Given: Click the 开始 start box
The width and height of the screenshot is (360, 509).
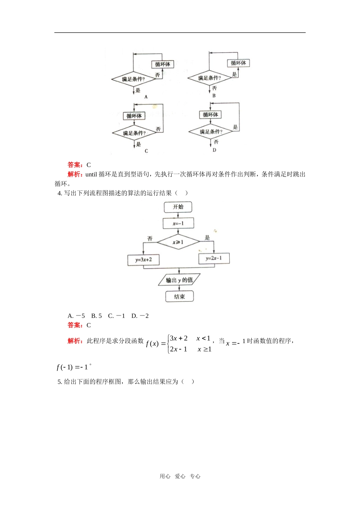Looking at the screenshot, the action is tap(178, 207).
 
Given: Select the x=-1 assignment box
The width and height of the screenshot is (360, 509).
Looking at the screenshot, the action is tap(178, 223).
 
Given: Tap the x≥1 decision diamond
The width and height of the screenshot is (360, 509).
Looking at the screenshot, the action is tap(178, 242).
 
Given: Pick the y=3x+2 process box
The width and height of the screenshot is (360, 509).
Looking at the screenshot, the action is tap(143, 260).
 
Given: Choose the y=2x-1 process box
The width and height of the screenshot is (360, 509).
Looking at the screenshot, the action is tap(214, 258).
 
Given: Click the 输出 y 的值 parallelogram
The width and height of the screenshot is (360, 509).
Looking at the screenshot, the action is tap(179, 280).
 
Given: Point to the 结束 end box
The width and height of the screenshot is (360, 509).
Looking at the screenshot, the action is tap(179, 297).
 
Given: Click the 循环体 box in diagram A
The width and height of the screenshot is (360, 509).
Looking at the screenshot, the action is tap(163, 64).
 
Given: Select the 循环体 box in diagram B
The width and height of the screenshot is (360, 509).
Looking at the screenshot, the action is tap(238, 63).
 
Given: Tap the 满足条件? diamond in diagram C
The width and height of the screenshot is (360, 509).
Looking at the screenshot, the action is tap(134, 133).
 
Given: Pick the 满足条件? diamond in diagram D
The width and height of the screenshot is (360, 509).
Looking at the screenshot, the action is tap(211, 132).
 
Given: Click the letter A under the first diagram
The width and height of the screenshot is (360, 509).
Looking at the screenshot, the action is tap(146, 97).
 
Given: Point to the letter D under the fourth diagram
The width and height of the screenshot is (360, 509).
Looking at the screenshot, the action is tap(214, 150).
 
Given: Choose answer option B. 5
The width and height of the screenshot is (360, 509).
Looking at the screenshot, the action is tap(96, 316).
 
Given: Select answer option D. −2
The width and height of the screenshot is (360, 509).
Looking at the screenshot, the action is tap(140, 316).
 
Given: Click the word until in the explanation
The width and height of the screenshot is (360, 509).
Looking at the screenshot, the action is tap(91, 175).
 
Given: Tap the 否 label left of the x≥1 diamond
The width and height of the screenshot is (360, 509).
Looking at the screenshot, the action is tap(150, 238).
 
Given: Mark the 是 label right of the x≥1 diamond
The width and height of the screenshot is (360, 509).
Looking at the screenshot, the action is tap(207, 238).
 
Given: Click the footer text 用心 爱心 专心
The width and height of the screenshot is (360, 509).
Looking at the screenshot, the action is tap(180, 476).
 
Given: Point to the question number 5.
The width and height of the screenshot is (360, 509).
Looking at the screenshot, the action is tap(59, 382).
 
